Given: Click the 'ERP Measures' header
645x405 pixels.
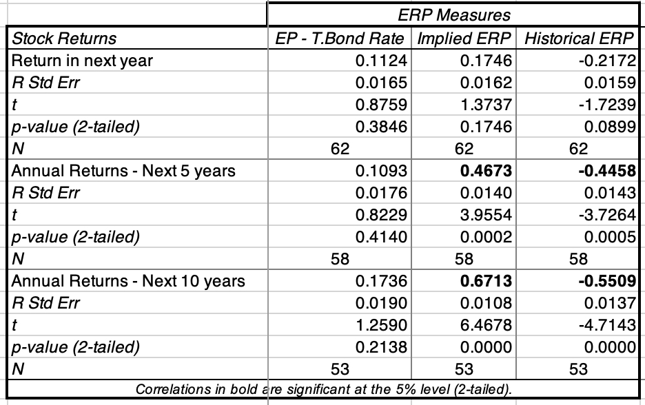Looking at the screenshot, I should point(455,14).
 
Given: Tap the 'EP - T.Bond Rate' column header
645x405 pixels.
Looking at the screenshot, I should point(338,38).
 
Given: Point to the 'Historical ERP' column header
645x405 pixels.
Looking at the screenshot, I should point(579,38).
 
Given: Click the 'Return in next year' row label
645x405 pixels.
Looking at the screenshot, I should point(82,61).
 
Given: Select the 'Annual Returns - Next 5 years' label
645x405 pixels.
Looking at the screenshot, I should point(123,171).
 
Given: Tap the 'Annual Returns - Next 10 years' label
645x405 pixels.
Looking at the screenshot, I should point(127,281).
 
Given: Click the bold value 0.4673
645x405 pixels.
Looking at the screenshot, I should point(487,171).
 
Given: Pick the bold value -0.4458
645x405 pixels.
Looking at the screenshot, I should point(608,171).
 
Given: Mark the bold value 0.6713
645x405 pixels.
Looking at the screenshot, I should point(487,281).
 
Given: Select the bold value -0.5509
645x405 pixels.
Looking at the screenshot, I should point(608,281).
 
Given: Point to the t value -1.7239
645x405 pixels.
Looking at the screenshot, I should point(608,105).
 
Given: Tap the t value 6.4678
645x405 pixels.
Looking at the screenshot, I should point(487,325).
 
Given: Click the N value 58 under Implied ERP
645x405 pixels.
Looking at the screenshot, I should point(464,259).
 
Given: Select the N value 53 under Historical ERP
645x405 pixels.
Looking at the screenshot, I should point(579,369).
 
